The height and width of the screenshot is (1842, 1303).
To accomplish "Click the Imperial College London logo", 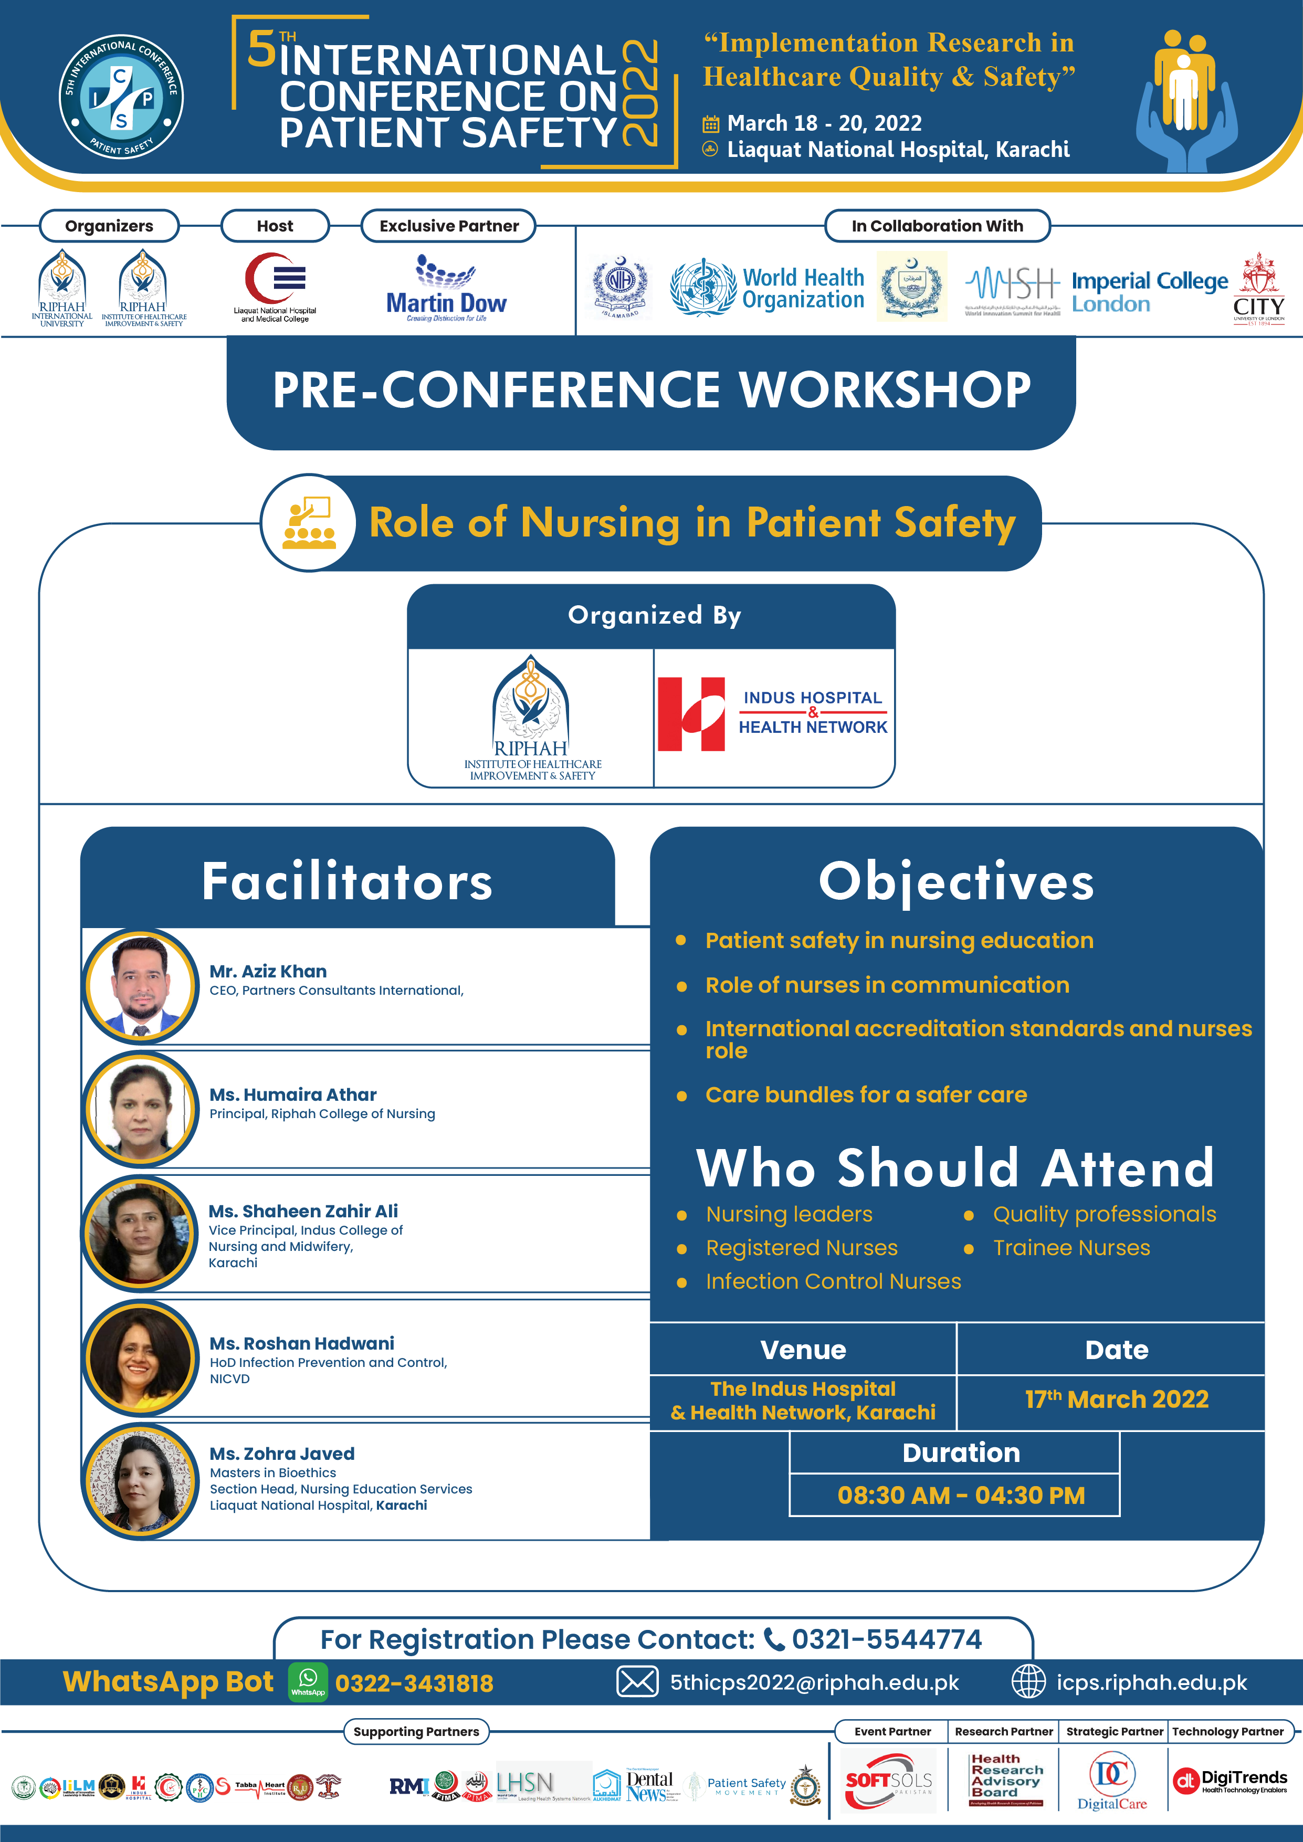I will (1149, 291).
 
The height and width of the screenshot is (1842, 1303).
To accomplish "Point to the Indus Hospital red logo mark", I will (691, 714).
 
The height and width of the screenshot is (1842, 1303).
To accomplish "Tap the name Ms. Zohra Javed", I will (281, 1454).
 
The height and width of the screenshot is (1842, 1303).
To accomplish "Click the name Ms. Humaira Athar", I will (293, 1094).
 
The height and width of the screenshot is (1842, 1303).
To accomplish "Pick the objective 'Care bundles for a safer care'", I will (866, 1094).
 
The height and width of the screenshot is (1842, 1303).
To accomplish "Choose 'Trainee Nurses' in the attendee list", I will (1071, 1248).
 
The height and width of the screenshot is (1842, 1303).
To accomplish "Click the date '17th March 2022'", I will (1116, 1399).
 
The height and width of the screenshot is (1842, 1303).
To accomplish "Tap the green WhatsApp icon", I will (308, 1682).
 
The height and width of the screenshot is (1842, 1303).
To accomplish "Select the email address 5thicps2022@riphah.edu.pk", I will (814, 1682).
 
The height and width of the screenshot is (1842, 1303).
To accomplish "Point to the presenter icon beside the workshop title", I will (309, 523).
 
